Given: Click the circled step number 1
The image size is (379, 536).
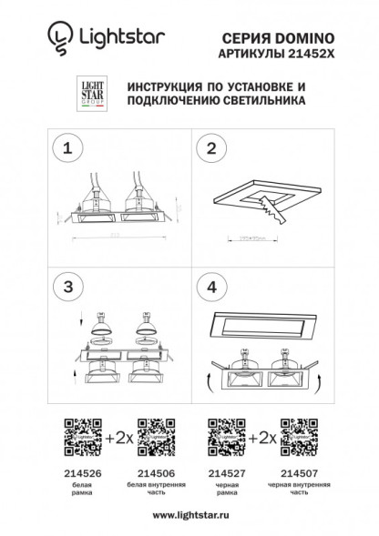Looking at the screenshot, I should [65, 150].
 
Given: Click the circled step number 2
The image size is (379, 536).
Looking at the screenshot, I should [210, 150].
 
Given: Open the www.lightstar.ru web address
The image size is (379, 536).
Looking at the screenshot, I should [189, 515].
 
